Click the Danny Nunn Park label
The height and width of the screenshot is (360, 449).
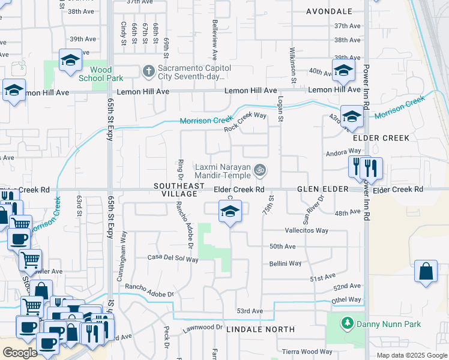(x=389, y=324)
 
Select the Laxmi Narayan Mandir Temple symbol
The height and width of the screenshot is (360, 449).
(x=259, y=171)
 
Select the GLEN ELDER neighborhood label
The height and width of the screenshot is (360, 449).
(x=323, y=189)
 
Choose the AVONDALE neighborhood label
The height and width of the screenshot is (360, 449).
(x=329, y=11)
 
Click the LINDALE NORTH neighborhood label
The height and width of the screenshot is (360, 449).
(x=261, y=329)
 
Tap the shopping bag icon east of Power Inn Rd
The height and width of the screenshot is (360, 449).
(x=426, y=271)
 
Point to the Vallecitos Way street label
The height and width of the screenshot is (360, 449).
(x=307, y=230)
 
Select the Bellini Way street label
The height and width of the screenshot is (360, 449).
(x=285, y=263)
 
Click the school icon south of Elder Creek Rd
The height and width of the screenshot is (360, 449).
(x=229, y=212)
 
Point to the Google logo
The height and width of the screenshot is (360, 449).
(x=20, y=353)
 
